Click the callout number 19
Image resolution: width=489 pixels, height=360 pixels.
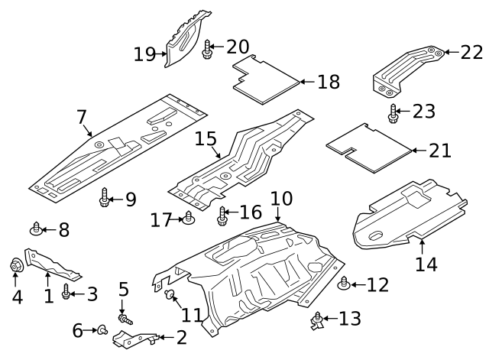144,54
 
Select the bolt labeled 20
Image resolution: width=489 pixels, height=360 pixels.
206,50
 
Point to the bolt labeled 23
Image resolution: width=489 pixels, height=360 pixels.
393,114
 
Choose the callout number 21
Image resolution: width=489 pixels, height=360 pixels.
439,151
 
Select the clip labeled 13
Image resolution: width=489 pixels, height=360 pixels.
317,321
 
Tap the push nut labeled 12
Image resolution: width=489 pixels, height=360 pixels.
344,285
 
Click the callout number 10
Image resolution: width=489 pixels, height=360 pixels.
281,199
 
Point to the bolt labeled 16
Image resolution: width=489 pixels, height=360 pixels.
222,216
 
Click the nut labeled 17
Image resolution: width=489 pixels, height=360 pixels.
188,220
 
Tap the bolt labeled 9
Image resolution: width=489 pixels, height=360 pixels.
105,200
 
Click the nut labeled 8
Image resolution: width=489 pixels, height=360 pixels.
35,228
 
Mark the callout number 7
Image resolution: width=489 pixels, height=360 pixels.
82,117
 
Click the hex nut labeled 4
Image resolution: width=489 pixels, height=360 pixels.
15,268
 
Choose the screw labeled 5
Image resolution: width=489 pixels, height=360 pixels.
121,316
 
